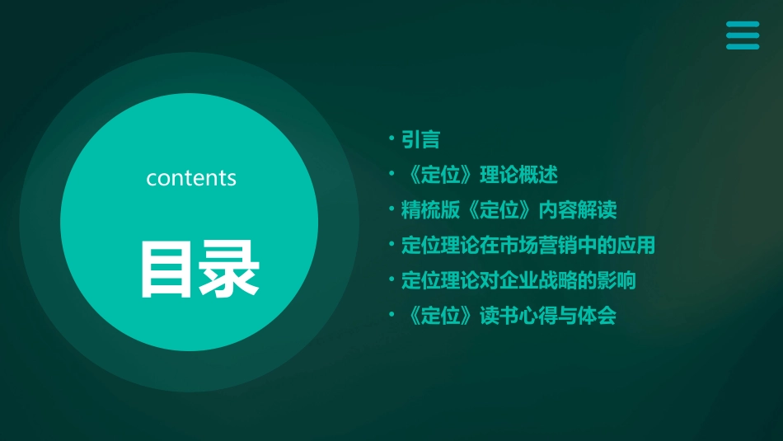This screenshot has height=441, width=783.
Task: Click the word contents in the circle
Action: pyautogui.click(x=191, y=178)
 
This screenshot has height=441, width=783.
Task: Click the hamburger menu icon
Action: pyautogui.click(x=743, y=35)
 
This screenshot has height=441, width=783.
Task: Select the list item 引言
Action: pyautogui.click(x=420, y=139)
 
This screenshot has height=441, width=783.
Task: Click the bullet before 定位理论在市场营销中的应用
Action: pyautogui.click(x=392, y=245)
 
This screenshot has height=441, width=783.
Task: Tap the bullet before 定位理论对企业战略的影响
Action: pyautogui.click(x=392, y=280)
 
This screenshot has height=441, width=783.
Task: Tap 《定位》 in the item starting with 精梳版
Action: pyautogui.click(x=499, y=210)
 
